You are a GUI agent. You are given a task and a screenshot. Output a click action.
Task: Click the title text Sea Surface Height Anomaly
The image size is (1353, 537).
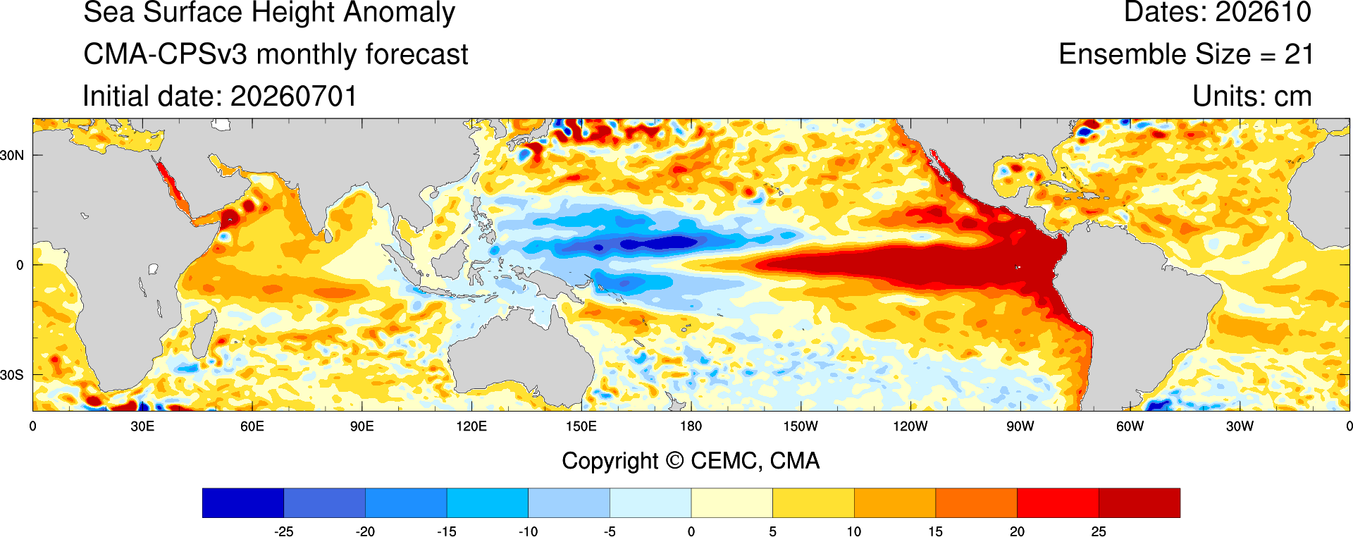[x=269, y=13]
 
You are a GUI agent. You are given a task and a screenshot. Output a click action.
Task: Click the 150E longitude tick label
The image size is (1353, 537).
[x=581, y=426]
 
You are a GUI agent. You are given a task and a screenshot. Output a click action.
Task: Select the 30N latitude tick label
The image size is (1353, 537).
[x=12, y=155]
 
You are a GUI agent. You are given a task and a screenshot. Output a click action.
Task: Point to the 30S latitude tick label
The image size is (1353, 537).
[x=12, y=375]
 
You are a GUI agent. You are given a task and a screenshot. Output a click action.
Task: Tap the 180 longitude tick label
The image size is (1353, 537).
[x=691, y=426]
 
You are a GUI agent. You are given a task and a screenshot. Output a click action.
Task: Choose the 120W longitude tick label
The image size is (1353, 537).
[x=910, y=426]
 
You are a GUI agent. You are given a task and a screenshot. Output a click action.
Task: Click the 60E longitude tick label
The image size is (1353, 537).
[x=252, y=426]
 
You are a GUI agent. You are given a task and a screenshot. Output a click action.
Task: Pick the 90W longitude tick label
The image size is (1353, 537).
[x=1020, y=426]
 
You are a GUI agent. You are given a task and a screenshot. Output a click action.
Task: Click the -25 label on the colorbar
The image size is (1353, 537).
[x=283, y=531]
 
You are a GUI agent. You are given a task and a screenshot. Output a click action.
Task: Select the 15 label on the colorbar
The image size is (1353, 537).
[x=935, y=531]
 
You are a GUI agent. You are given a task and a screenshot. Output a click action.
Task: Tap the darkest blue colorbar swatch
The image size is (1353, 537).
[x=243, y=502]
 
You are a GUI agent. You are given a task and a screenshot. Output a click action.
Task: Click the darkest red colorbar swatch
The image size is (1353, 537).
[x=1139, y=502]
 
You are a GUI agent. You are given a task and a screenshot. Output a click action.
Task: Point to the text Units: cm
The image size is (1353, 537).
[x=1252, y=97]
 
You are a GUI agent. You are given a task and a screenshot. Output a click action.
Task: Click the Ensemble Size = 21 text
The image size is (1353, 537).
[x=1186, y=54]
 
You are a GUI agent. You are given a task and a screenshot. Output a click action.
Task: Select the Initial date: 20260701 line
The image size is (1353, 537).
[x=220, y=97]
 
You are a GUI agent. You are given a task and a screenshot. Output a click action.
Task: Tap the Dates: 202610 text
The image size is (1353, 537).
[x=1217, y=13]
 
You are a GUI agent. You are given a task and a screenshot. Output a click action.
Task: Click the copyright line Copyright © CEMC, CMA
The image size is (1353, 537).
[x=691, y=461]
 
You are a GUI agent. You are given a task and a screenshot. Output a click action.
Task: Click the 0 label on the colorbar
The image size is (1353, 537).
[x=691, y=531]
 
